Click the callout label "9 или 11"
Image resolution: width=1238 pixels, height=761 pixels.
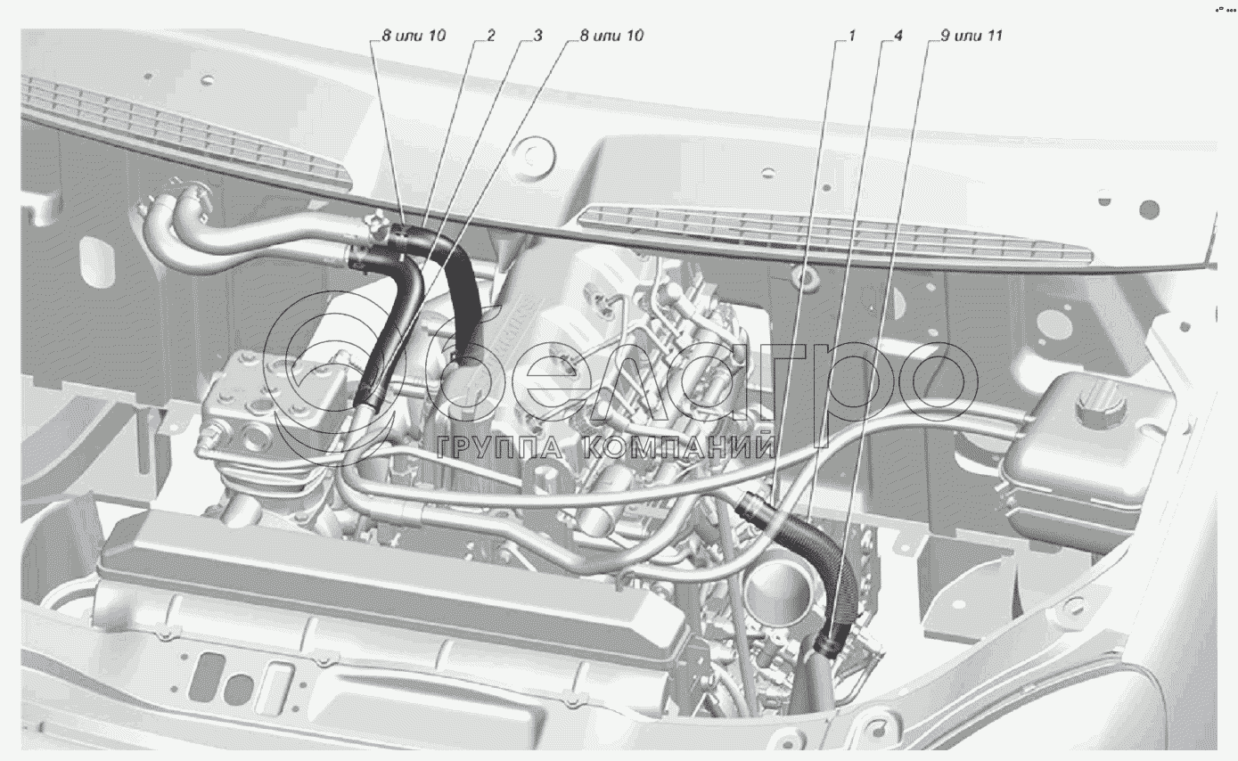coord(971,36)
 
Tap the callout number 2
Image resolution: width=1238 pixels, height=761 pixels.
coord(490,36)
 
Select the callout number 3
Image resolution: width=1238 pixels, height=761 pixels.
coord(537,36)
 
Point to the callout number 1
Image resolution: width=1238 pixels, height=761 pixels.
coord(851,36)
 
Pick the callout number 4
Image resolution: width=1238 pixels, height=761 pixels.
coord(898,36)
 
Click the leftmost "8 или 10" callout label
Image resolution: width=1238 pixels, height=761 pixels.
coord(414,36)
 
